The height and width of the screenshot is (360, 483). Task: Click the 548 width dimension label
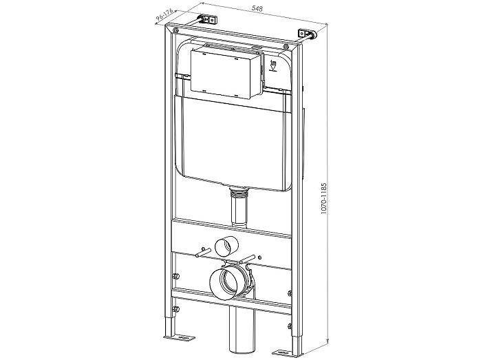[x=257, y=8]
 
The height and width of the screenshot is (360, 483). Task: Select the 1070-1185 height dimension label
[x=323, y=198]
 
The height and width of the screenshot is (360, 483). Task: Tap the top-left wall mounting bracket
[x=208, y=19]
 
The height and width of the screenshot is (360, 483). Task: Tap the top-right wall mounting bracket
[x=306, y=34]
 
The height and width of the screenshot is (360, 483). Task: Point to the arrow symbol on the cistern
[x=273, y=66]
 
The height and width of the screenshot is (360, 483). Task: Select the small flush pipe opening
[x=226, y=246]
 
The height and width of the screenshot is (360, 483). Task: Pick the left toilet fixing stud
[x=203, y=252]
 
